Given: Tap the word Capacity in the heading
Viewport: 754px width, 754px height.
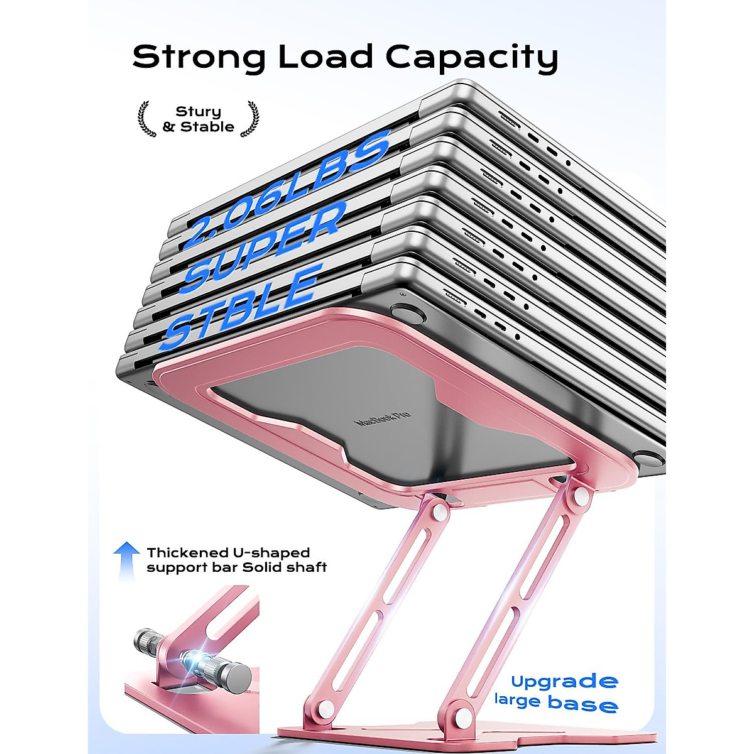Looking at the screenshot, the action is coord(471,58).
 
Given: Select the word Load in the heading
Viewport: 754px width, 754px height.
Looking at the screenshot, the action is coord(325,57).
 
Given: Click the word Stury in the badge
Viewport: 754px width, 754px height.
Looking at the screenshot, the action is coord(198,112).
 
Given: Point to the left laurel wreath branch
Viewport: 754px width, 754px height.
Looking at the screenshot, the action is coord(146,119).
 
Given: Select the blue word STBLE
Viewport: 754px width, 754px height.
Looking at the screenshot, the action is coord(242,308).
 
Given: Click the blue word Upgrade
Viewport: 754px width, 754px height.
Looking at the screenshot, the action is coord(564,681).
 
